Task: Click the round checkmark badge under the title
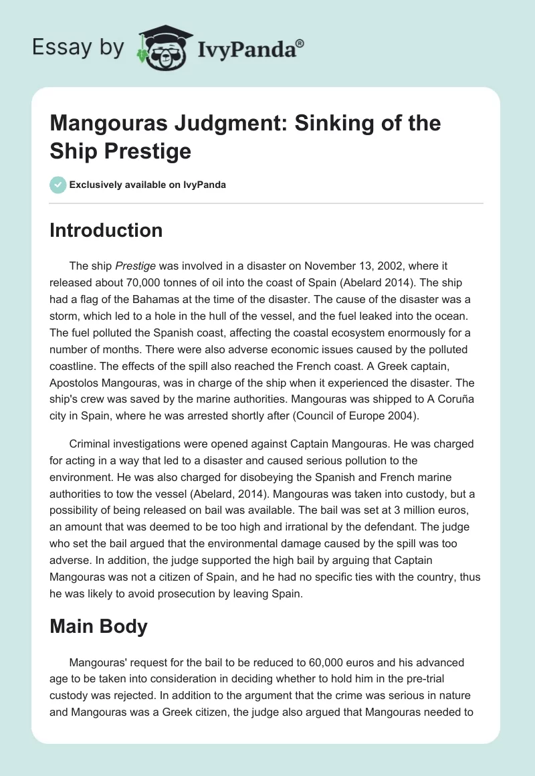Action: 58,185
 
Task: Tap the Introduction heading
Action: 106,231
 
